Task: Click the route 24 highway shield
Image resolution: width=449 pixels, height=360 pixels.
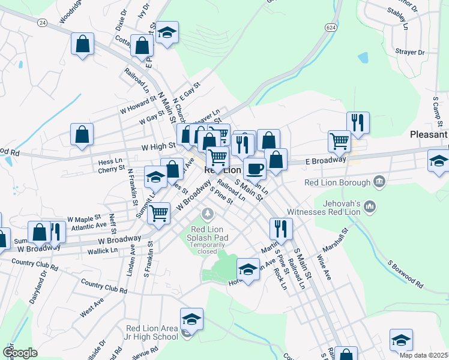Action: tap(41, 23)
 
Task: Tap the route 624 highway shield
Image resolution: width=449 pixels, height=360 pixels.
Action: tap(331, 28)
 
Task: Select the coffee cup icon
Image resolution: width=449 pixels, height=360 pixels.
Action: tap(255, 169)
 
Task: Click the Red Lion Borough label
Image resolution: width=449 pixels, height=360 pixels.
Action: tap(338, 182)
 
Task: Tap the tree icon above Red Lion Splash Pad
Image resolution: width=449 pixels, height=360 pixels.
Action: tap(208, 213)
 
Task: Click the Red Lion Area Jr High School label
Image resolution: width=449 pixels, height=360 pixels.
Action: tap(152, 332)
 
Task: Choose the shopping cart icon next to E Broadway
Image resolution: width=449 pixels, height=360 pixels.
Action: tap(339, 142)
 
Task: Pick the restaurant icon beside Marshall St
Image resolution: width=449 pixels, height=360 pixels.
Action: tap(280, 228)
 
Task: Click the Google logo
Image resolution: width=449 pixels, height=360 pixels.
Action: tap(20, 353)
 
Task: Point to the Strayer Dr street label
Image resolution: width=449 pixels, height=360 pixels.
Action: tap(410, 52)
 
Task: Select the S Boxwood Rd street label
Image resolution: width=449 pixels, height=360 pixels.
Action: tap(406, 273)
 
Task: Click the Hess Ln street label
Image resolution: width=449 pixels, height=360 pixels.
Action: tap(110, 162)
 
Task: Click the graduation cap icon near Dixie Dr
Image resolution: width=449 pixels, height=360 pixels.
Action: tap(167, 32)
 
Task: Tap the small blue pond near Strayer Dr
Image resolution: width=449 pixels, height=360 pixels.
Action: tap(363, 58)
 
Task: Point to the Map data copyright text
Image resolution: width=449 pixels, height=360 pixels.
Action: tap(423, 355)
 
